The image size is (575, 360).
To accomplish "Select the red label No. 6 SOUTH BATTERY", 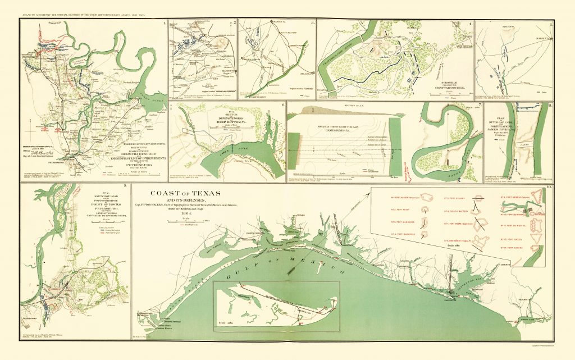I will pos(456,211).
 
